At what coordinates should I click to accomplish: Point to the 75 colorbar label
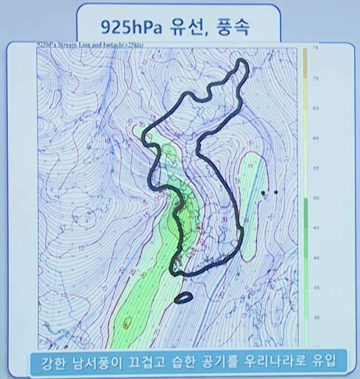click(315, 49)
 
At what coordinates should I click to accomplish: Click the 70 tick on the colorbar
click(315, 78)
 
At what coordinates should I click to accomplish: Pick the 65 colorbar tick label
click(315, 108)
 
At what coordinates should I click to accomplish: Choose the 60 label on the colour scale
click(315, 138)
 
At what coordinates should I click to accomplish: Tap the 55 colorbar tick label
click(315, 168)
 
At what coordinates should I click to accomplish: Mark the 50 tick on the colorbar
click(315, 198)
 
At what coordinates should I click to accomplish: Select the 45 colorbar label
click(315, 228)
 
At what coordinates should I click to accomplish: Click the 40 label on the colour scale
click(315, 258)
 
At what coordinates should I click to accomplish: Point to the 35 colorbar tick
click(315, 288)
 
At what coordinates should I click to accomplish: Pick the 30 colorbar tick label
click(315, 317)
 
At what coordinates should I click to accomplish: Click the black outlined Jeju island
click(183, 297)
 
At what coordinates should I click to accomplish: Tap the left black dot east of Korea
click(263, 193)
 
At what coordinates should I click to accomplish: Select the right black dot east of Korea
click(276, 192)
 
